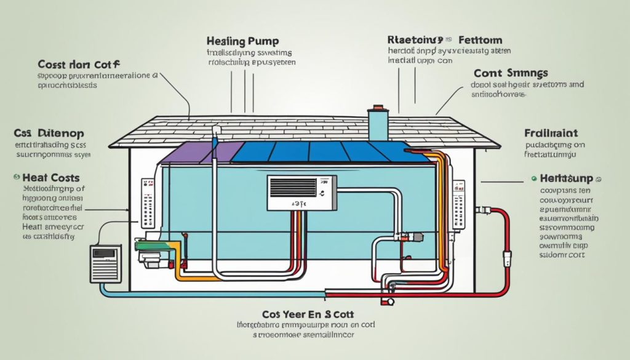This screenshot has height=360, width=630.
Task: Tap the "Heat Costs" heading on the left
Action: [42, 177]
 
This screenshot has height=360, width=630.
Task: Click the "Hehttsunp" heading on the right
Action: [565, 178]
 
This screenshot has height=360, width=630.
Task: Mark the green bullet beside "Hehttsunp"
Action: [532, 178]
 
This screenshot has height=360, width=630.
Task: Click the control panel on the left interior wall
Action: [146, 203]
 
